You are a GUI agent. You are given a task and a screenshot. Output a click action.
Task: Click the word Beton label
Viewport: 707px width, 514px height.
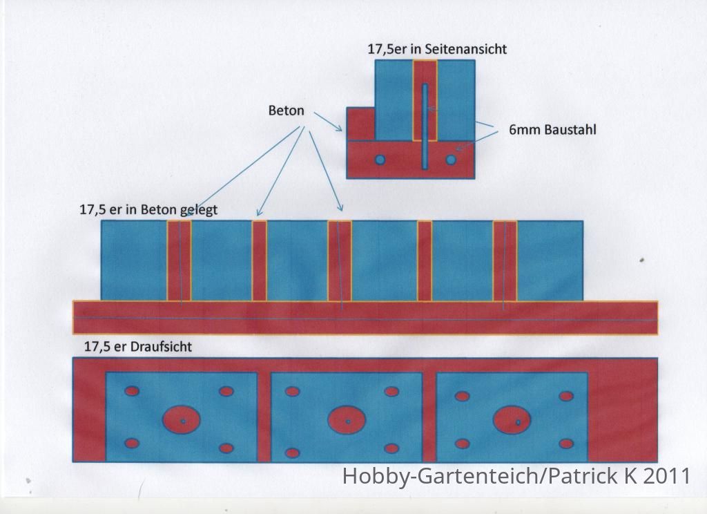pos(286,111)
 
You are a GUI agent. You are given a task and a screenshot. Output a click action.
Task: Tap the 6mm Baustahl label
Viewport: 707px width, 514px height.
pos(552,130)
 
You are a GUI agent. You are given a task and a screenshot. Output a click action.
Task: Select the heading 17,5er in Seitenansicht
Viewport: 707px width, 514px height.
pos(437,49)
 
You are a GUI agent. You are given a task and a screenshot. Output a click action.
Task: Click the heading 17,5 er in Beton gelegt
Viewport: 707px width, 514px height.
pos(148,210)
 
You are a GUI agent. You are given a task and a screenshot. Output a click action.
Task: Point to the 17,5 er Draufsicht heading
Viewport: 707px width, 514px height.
pos(138,347)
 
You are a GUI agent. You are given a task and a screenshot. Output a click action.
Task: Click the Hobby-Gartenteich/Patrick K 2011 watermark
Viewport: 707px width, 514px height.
pos(516,476)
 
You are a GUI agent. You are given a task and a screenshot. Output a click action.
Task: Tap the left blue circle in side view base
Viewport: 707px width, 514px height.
pos(380,160)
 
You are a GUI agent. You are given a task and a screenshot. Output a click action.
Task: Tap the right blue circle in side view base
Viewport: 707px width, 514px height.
pos(451,160)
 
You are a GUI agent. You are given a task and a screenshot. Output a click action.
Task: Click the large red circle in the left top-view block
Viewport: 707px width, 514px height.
pos(182,419)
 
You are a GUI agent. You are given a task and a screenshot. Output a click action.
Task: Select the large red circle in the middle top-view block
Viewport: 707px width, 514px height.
pos(347,419)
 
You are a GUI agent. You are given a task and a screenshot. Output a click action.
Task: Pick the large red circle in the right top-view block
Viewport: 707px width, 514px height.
pos(512,419)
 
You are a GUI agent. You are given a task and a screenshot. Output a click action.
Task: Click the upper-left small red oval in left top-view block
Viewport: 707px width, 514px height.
pos(132,391)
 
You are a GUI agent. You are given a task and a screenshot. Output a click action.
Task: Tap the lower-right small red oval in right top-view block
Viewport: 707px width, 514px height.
pos(566,444)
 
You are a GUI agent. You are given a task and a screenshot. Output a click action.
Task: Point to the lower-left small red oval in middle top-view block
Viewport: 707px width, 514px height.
pos(292,453)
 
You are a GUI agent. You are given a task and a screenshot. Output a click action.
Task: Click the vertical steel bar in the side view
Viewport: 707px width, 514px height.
pos(425,126)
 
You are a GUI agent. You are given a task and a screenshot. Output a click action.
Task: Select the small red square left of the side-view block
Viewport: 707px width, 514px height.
pos(360,124)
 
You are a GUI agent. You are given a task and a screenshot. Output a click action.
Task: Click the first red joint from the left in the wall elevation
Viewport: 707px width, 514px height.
pos(179,261)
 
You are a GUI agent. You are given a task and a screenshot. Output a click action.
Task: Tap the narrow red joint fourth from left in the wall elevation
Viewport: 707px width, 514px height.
pos(425,261)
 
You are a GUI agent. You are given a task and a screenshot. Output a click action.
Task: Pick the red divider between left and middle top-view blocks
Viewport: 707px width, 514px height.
pos(264,417)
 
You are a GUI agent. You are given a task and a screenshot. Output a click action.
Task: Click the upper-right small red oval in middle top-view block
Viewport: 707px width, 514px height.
pos(391,391)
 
